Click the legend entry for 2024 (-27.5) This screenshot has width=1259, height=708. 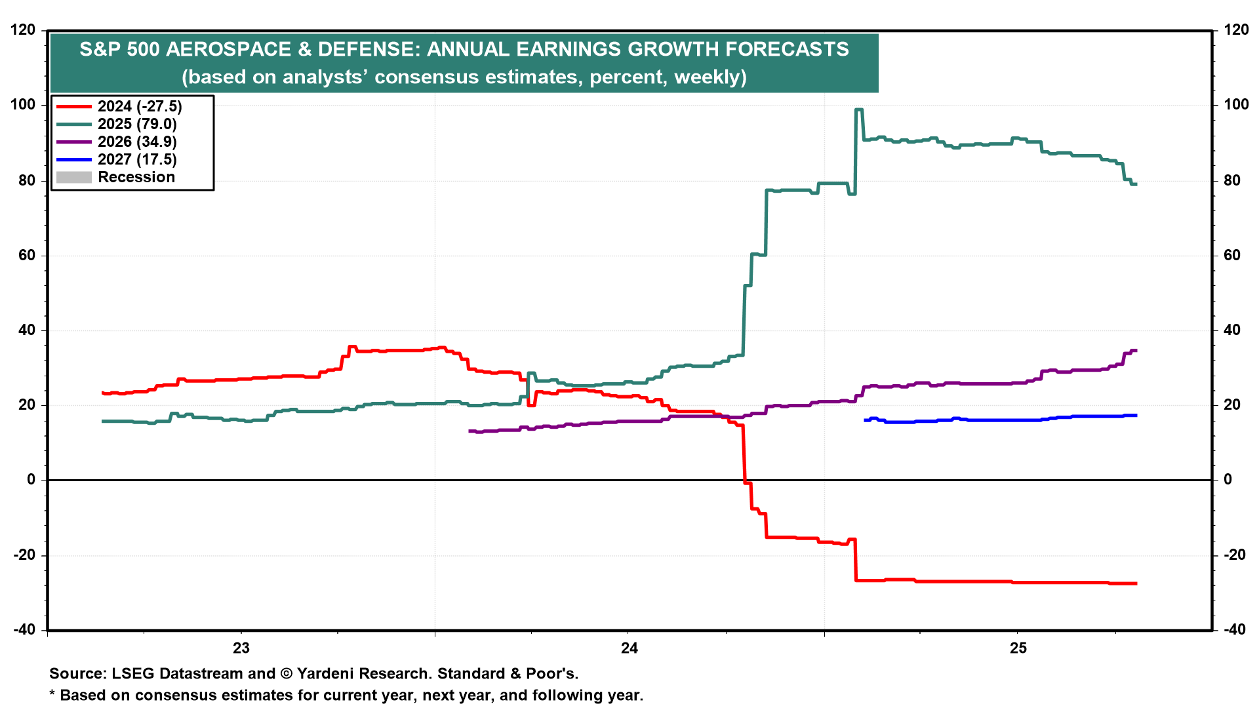[x=140, y=106]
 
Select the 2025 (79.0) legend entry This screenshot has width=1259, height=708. [x=137, y=124]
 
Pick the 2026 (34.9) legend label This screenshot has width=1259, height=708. [x=137, y=142]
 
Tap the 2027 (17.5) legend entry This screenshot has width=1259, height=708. [x=137, y=159]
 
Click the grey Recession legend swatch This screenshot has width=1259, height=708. [x=74, y=177]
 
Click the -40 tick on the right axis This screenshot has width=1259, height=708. [x=1236, y=629]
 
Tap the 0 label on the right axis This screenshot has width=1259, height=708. [x=1228, y=479]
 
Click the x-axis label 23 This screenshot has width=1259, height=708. [x=241, y=648]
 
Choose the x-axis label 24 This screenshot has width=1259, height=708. [x=629, y=648]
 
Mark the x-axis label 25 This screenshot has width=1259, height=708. [x=1018, y=648]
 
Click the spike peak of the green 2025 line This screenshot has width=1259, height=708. [x=859, y=109]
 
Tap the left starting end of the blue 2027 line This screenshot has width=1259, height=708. [x=866, y=420]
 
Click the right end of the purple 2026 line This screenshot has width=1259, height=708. [x=1135, y=351]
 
